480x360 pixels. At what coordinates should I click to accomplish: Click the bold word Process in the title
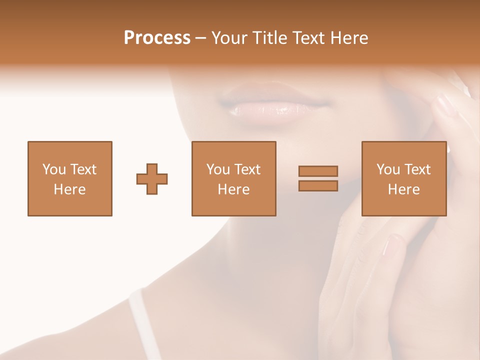tap(157, 38)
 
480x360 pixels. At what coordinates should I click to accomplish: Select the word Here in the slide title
tap(349, 38)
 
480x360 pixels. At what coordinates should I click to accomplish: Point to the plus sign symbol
tap(152, 179)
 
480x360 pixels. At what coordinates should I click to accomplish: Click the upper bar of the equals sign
tap(318, 171)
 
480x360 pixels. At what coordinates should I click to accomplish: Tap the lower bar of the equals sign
tap(318, 186)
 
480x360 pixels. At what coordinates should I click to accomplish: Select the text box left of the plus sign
tap(70, 178)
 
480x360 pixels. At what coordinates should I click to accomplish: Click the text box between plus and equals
tap(233, 178)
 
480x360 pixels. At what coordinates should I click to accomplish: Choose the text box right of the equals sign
tap(403, 178)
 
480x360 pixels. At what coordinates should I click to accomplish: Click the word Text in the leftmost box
tap(84, 169)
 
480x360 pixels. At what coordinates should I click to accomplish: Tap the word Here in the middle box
tap(233, 189)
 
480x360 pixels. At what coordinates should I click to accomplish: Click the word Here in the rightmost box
tap(403, 189)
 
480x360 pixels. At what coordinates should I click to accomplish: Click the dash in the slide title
tap(201, 38)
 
